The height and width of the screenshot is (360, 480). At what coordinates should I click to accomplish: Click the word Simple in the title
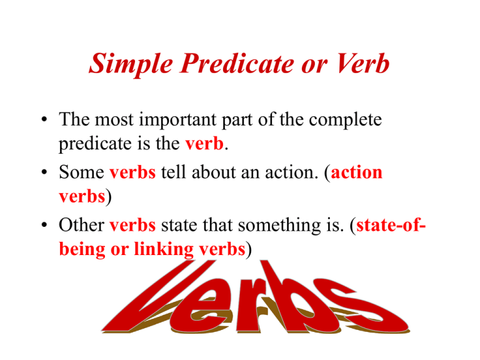[131, 64]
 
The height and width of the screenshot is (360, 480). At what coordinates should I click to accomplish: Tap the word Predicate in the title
[237, 63]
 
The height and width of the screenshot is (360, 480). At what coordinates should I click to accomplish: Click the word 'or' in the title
[314, 66]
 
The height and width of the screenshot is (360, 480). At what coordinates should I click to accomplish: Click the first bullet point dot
[44, 119]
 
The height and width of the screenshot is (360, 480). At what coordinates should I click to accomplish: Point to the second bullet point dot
[44, 172]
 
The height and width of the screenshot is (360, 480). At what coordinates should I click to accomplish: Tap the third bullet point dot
[44, 225]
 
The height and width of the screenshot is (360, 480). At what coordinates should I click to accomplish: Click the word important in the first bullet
[177, 121]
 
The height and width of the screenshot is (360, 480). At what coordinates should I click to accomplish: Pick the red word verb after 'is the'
[204, 143]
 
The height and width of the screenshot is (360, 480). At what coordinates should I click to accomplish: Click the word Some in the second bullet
[81, 172]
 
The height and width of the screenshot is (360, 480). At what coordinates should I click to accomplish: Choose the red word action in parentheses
[357, 172]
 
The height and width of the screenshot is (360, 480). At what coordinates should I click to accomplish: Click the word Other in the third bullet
[81, 225]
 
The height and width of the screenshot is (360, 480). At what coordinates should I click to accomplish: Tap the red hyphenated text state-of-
[391, 225]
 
